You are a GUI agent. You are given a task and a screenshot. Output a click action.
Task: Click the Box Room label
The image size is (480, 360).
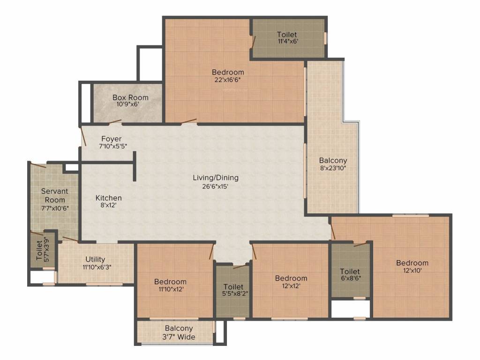[130, 97]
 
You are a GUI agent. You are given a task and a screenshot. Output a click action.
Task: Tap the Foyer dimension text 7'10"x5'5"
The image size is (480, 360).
[113, 147]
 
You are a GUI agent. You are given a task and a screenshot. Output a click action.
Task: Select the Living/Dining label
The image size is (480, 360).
[216, 178]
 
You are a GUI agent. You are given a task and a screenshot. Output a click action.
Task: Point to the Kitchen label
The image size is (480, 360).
[108, 198]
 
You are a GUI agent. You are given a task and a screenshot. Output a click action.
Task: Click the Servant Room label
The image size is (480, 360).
[54, 195]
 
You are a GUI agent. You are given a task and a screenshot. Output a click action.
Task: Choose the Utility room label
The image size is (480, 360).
[95, 259]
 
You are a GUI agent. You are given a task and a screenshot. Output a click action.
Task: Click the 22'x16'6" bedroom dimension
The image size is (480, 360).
[228, 80]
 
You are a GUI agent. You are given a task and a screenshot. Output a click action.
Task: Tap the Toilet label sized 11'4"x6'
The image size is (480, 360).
[287, 35]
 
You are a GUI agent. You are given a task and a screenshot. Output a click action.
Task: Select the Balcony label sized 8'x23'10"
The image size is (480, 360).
[333, 160]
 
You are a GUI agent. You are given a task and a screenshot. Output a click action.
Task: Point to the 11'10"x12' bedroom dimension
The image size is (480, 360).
[170, 289]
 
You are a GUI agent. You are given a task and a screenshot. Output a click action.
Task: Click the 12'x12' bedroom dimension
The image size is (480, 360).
[291, 286]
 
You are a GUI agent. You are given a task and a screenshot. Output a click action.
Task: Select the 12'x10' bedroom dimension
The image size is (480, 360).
[412, 270]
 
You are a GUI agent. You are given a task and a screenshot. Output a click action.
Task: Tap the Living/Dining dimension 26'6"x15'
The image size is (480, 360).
[216, 186]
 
